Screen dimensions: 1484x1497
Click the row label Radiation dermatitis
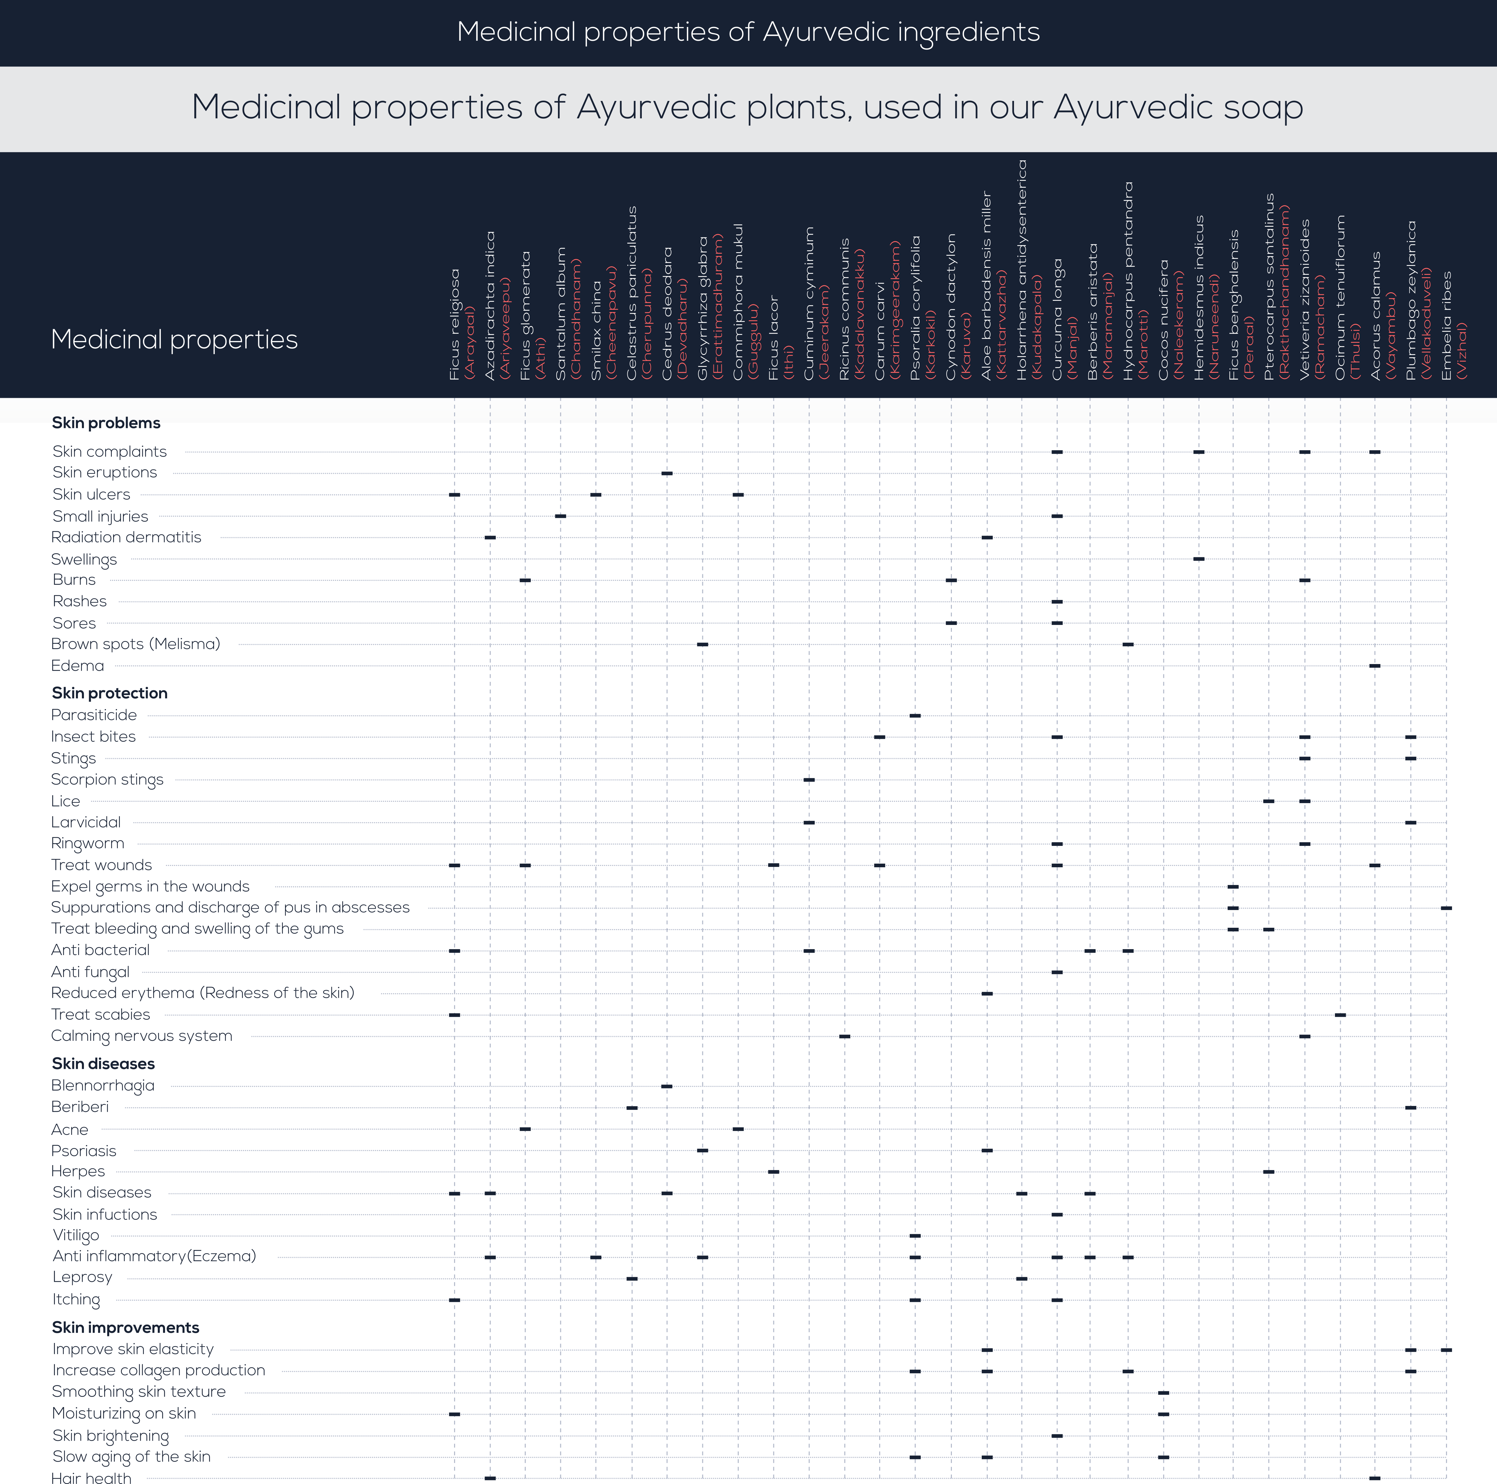point(126,537)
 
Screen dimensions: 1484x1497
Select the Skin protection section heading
point(109,693)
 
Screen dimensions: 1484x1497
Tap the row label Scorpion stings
point(107,779)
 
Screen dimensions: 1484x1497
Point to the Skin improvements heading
point(126,1328)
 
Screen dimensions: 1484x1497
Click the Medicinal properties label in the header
point(174,339)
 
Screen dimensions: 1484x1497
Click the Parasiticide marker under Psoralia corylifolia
point(915,715)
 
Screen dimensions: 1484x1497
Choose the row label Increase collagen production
point(158,1370)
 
